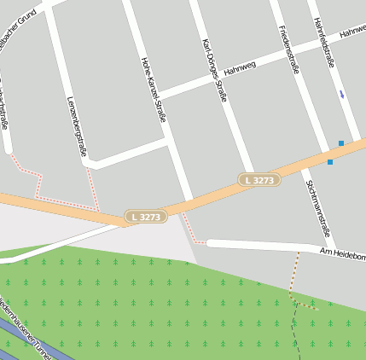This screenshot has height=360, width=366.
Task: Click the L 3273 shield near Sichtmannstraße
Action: pyautogui.click(x=259, y=180)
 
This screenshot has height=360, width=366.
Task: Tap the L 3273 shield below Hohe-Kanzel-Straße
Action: pyautogui.click(x=145, y=217)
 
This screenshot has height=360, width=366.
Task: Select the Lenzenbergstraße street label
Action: pyautogui.click(x=77, y=126)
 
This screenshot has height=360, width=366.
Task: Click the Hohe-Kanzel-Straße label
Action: pyautogui.click(x=153, y=90)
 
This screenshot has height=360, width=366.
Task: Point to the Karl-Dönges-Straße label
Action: pyautogui.click(x=214, y=70)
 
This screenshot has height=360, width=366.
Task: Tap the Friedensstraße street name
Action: pyautogui.click(x=288, y=49)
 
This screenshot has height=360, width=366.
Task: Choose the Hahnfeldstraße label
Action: pyautogui.click(x=322, y=43)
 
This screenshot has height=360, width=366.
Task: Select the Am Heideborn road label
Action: pyautogui.click(x=343, y=254)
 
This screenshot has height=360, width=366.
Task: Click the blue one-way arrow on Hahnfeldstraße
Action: pyautogui.click(x=342, y=94)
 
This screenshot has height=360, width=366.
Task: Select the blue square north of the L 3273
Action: pyautogui.click(x=341, y=143)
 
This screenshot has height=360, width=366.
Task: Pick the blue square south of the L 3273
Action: pyautogui.click(x=330, y=161)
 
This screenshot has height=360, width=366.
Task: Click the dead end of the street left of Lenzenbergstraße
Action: pyautogui.click(x=8, y=150)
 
